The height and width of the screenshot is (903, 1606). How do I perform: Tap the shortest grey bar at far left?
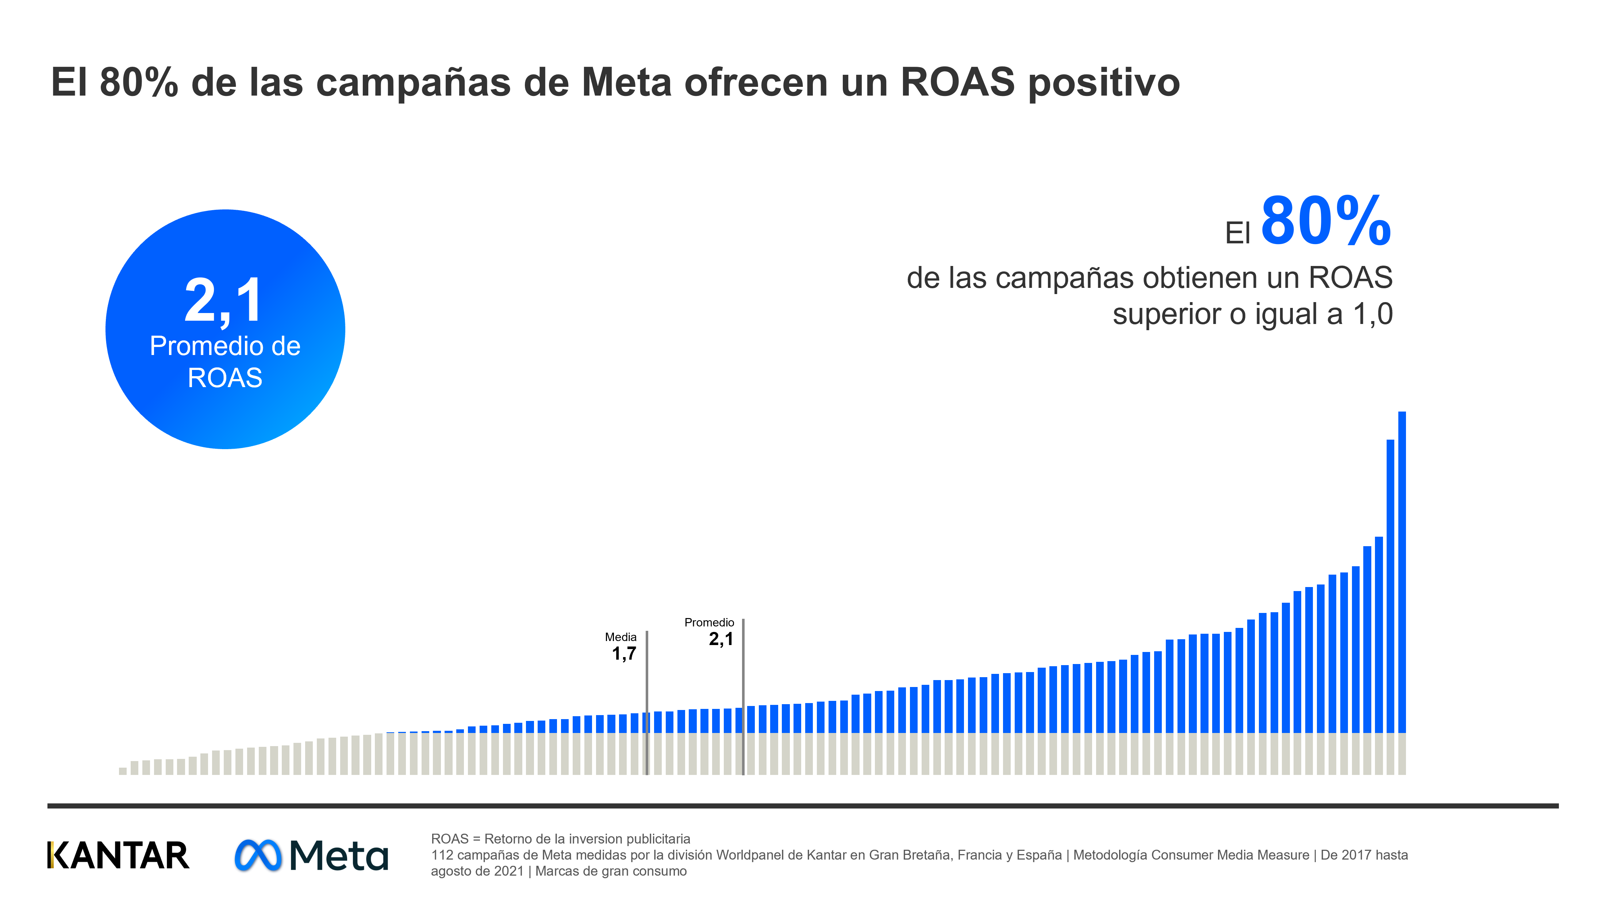[123, 771]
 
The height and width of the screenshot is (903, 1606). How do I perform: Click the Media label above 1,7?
[620, 637]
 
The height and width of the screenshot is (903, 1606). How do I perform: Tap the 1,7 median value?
[623, 654]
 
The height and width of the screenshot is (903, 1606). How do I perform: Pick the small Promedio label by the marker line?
[709, 622]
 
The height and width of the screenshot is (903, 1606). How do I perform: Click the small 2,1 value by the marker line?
[721, 639]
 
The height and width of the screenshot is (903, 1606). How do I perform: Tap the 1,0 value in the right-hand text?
[1372, 314]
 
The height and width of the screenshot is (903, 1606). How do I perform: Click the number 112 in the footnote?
[442, 855]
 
